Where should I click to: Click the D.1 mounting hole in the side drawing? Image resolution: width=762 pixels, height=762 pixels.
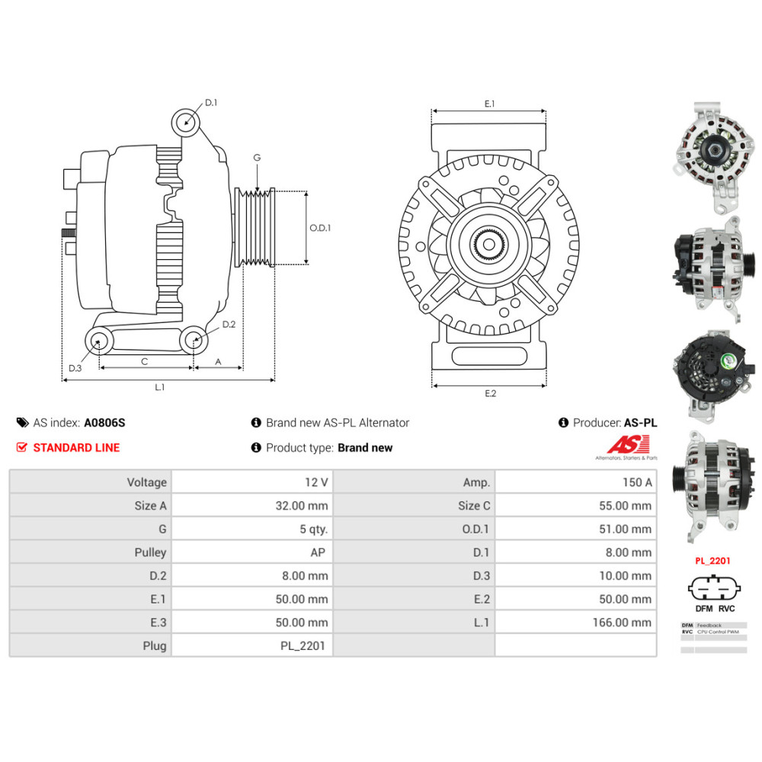tap(184, 122)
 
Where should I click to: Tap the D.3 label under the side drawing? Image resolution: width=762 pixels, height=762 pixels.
tap(75, 369)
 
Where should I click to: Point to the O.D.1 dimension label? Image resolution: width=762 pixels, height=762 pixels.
tap(320, 227)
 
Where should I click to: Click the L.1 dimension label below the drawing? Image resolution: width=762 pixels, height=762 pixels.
tap(159, 387)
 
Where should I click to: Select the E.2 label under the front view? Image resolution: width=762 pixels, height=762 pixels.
tap(490, 393)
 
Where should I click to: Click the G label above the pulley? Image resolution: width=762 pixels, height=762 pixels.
tap(257, 158)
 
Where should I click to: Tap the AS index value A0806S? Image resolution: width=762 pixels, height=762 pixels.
tap(104, 423)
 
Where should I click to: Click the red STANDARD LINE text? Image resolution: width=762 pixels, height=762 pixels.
tap(76, 448)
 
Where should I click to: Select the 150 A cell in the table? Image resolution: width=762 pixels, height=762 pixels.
tap(637, 482)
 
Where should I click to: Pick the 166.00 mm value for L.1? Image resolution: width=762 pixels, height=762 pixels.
tap(622, 623)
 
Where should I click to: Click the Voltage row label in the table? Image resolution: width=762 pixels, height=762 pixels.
tap(146, 482)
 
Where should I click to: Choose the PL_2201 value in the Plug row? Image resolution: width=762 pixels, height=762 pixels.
tap(303, 646)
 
